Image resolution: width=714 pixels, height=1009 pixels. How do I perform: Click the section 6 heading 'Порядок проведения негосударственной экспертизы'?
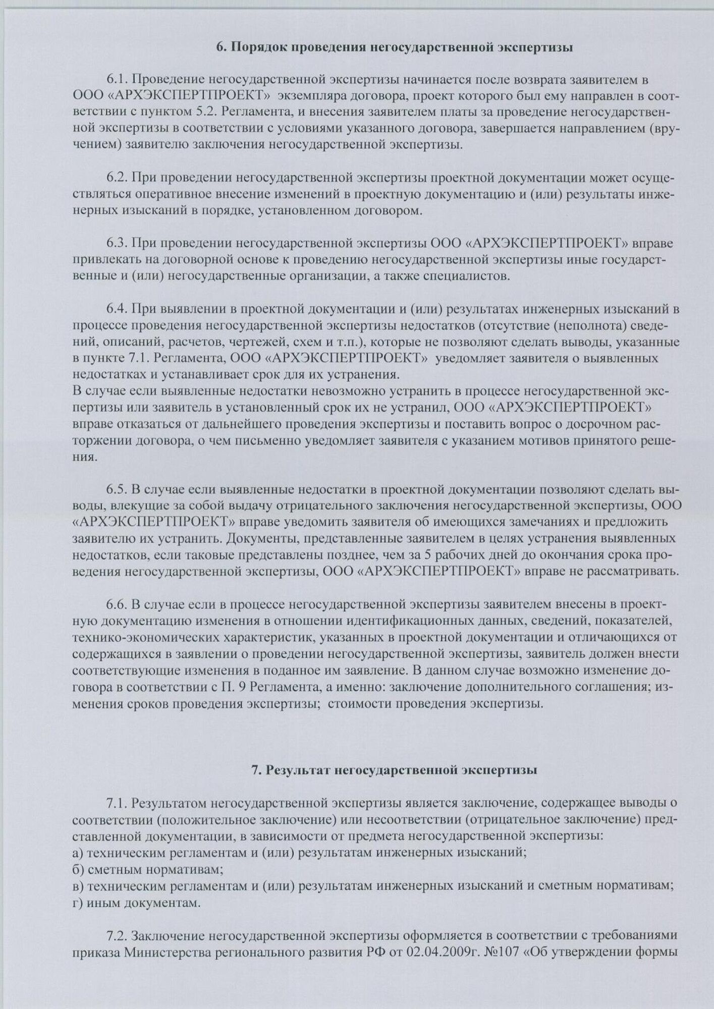[394, 48]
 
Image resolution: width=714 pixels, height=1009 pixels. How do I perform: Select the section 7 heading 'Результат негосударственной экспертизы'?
[394, 770]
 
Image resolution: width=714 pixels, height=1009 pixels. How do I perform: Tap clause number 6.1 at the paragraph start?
[117, 80]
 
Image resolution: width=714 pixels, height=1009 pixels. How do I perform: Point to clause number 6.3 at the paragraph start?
[117, 244]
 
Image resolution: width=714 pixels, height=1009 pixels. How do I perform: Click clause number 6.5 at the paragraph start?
[117, 489]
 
